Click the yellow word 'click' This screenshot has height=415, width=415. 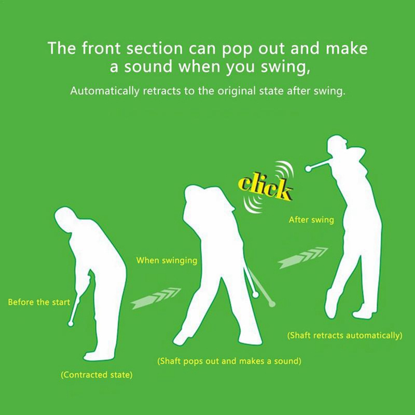tap(265, 188)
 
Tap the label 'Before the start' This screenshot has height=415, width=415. tap(39, 302)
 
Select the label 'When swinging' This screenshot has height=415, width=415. tap(167, 261)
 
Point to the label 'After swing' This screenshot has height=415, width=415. tap(311, 220)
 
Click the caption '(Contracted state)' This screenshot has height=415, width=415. tap(96, 375)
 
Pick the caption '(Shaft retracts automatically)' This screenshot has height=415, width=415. tap(344, 335)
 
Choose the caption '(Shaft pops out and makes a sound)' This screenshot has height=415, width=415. tap(229, 361)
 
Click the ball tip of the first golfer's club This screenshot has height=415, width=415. tap(71, 323)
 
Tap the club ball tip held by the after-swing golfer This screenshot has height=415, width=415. tap(308, 169)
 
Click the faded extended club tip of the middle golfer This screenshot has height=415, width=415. tap(272, 304)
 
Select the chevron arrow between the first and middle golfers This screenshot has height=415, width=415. tap(156, 298)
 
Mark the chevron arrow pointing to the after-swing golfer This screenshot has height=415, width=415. tap(303, 258)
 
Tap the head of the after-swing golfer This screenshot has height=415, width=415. tap(337, 144)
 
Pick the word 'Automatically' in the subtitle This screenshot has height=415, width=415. tap(105, 91)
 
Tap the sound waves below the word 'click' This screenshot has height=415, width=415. tap(253, 205)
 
